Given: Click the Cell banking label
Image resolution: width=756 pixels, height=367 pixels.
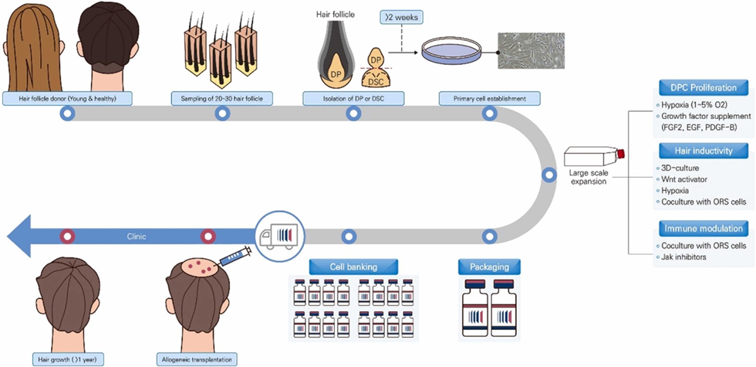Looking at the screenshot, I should tap(353, 267).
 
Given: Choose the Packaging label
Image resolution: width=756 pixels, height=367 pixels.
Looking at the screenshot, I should tap(489, 267).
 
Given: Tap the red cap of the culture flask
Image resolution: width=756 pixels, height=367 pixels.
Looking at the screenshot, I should tap(619, 154).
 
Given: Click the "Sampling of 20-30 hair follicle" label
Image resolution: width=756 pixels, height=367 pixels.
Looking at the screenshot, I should tap(222, 98).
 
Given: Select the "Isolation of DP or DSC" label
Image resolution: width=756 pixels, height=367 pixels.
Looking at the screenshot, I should tap(353, 98).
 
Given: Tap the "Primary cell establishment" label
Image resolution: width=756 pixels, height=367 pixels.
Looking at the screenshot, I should tap(489, 98).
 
